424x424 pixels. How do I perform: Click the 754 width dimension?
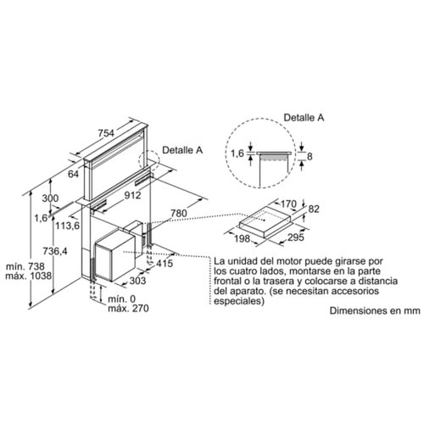pyautogui.click(x=106, y=133)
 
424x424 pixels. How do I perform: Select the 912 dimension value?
pyautogui.click(x=133, y=195)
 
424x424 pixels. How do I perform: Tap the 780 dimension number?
pyautogui.click(x=179, y=214)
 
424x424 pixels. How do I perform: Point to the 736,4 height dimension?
pyautogui.click(x=55, y=251)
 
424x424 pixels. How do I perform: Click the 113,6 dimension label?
pyautogui.click(x=68, y=226)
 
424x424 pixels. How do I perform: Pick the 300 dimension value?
pyautogui.click(x=50, y=198)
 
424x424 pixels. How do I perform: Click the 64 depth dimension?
pyautogui.click(x=73, y=174)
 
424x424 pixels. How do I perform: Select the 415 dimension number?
pyautogui.click(x=165, y=264)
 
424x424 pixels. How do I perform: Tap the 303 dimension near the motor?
pyautogui.click(x=137, y=281)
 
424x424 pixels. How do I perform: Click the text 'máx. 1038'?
pyautogui.click(x=29, y=276)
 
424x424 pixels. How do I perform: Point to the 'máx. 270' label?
pyautogui.click(x=128, y=308)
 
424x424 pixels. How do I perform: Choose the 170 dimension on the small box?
pyautogui.click(x=288, y=204)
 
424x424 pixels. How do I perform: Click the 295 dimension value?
pyautogui.click(x=296, y=237)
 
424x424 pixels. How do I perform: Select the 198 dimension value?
pyautogui.click(x=243, y=239)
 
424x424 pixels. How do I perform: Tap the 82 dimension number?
pyautogui.click(x=314, y=209)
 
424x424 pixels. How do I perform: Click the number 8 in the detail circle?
pyautogui.click(x=310, y=156)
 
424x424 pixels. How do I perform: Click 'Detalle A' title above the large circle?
pyautogui.click(x=304, y=118)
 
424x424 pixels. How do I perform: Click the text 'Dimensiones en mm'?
pyautogui.click(x=375, y=311)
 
